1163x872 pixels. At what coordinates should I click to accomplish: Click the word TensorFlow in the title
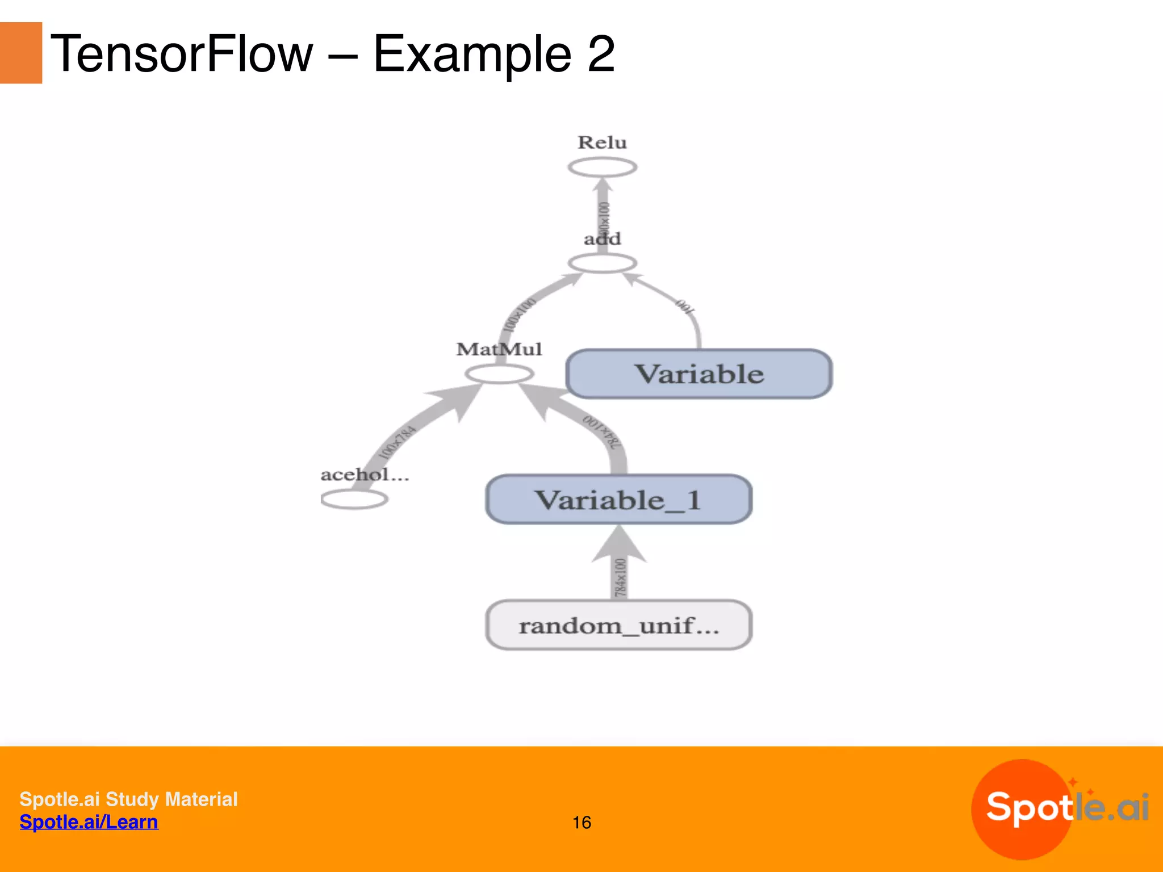(182, 54)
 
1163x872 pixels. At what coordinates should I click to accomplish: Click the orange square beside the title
(21, 53)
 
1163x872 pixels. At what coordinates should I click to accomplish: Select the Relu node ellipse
(603, 167)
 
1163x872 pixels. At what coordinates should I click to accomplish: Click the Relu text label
(603, 142)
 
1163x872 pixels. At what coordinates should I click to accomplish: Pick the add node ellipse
(603, 263)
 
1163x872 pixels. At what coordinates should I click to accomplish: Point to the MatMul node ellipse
(499, 374)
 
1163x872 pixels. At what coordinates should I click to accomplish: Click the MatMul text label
(499, 349)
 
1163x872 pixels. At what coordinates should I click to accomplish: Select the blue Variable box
(699, 374)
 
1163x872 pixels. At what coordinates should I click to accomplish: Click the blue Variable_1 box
(619, 500)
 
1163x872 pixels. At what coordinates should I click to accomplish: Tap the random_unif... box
(619, 625)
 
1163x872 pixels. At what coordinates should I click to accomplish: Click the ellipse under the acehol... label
(354, 500)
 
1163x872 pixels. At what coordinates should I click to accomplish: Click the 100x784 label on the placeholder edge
(398, 442)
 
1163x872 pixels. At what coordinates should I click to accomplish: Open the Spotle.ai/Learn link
(89, 822)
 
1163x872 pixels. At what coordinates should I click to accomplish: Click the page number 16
(581, 823)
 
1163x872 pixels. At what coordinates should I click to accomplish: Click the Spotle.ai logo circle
(1022, 810)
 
